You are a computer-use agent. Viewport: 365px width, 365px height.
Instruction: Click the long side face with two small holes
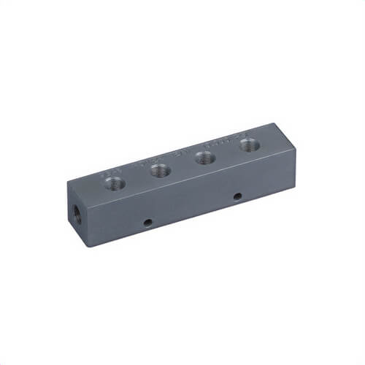click(x=190, y=208)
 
